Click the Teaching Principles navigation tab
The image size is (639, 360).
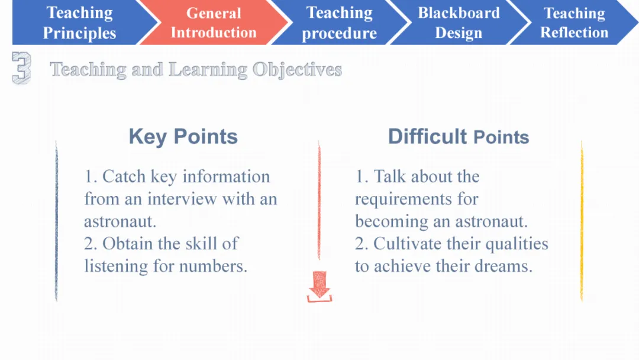tap(79, 22)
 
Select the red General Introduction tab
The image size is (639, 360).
tap(214, 22)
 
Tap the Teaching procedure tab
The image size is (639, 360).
tap(339, 22)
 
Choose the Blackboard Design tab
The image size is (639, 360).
tap(459, 22)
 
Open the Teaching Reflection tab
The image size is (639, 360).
tap(574, 22)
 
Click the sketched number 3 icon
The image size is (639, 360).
tap(22, 68)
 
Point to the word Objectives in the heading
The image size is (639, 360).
tap(297, 70)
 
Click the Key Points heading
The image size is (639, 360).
tap(183, 137)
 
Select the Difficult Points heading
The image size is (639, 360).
tap(459, 137)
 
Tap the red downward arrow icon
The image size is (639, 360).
tap(319, 286)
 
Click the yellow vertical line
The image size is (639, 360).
tap(582, 221)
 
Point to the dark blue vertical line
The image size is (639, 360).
tap(56, 221)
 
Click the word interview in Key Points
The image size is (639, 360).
tap(182, 199)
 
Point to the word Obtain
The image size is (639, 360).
tap(128, 244)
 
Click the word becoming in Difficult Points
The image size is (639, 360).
tap(392, 222)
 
